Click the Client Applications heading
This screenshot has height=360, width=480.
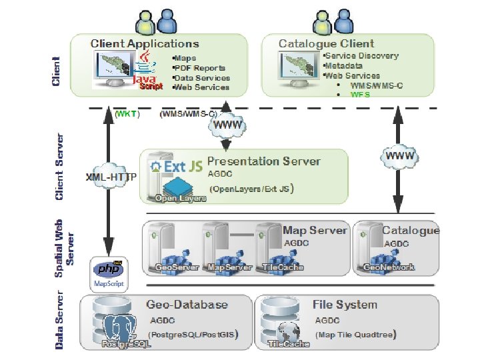pyautogui.click(x=145, y=44)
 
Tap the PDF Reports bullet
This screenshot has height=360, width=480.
pyautogui.click(x=199, y=68)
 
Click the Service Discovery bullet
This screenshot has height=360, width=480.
pyautogui.click(x=361, y=56)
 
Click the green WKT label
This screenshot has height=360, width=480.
pyautogui.click(x=127, y=114)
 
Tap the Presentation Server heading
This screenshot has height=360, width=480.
pyautogui.click(x=264, y=161)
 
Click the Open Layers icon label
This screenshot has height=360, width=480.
pyautogui.click(x=181, y=198)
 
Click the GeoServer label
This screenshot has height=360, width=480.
pyautogui.click(x=177, y=267)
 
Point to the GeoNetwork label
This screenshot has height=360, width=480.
pyautogui.click(x=389, y=267)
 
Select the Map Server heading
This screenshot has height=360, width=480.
pyautogui.click(x=315, y=230)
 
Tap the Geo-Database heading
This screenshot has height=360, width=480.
pyautogui.click(x=187, y=305)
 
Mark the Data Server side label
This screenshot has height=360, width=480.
pyautogui.click(x=60, y=319)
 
